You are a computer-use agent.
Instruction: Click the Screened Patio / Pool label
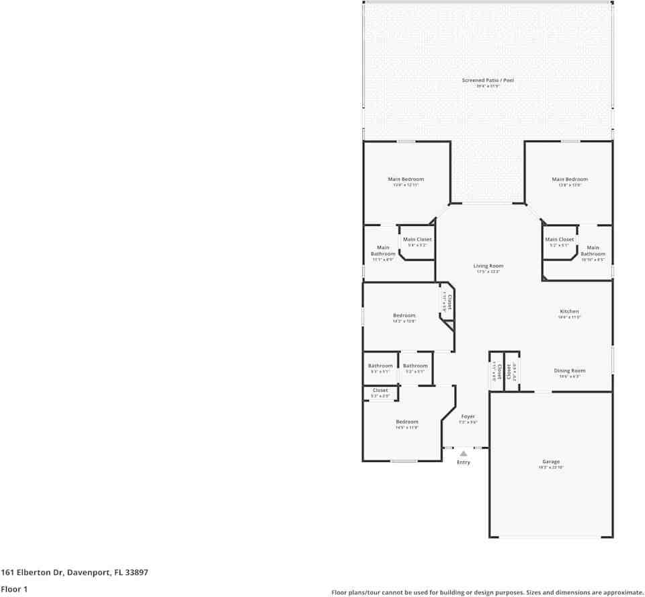coord(488,80)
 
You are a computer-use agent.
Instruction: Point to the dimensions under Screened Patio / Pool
coord(488,86)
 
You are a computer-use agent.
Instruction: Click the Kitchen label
coord(569,311)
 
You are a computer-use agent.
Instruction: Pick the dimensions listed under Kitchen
coord(569,317)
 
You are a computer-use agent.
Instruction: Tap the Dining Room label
coord(569,370)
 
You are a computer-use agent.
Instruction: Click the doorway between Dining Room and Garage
coord(543,391)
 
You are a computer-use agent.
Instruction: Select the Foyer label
coord(468,416)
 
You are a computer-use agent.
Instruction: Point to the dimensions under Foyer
coord(468,422)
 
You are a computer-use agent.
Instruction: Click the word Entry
coord(464,463)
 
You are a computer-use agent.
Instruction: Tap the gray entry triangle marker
coord(464,454)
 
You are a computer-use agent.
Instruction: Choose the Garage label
coord(551,462)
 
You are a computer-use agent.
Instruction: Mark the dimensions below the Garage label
coord(551,468)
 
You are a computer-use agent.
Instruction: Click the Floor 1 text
coord(14,589)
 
